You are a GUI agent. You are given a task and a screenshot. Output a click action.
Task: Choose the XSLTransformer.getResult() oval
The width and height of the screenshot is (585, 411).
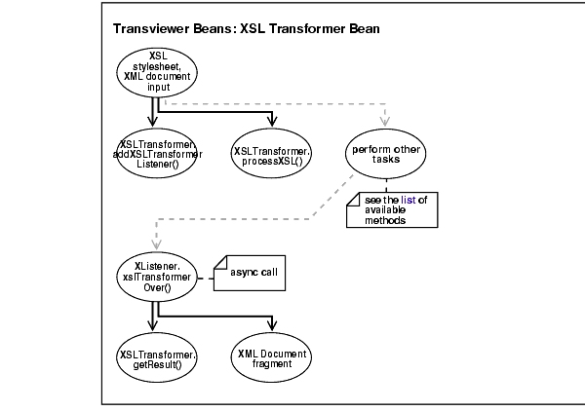click(x=157, y=356)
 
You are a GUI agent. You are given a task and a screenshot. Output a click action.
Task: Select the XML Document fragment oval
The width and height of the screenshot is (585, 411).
click(x=272, y=356)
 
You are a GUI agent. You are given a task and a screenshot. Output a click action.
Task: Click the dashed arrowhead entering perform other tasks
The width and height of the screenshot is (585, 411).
click(x=387, y=123)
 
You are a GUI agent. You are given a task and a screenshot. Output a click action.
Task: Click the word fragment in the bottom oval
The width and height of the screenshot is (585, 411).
click(x=272, y=363)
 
